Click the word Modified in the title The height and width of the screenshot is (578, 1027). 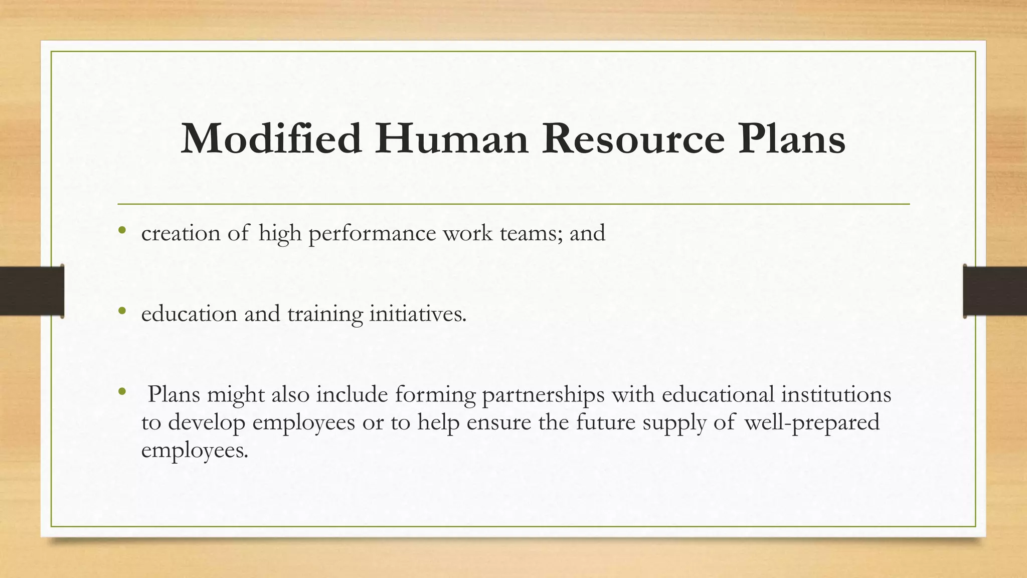271,138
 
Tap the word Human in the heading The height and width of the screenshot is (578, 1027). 451,138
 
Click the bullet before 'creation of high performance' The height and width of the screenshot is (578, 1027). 121,231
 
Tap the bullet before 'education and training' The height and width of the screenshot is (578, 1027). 121,312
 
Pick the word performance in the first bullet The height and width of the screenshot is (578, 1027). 372,234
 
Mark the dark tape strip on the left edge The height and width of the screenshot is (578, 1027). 32,291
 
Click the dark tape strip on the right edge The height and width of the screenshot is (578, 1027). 995,291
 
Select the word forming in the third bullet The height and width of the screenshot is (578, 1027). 435,395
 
